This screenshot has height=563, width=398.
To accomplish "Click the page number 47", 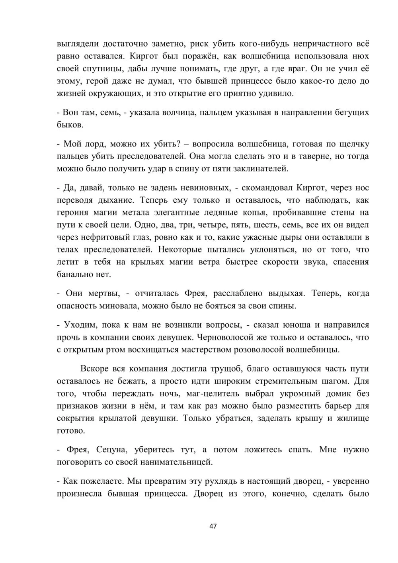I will point(213,526).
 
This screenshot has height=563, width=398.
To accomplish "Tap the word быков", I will point(70,125).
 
